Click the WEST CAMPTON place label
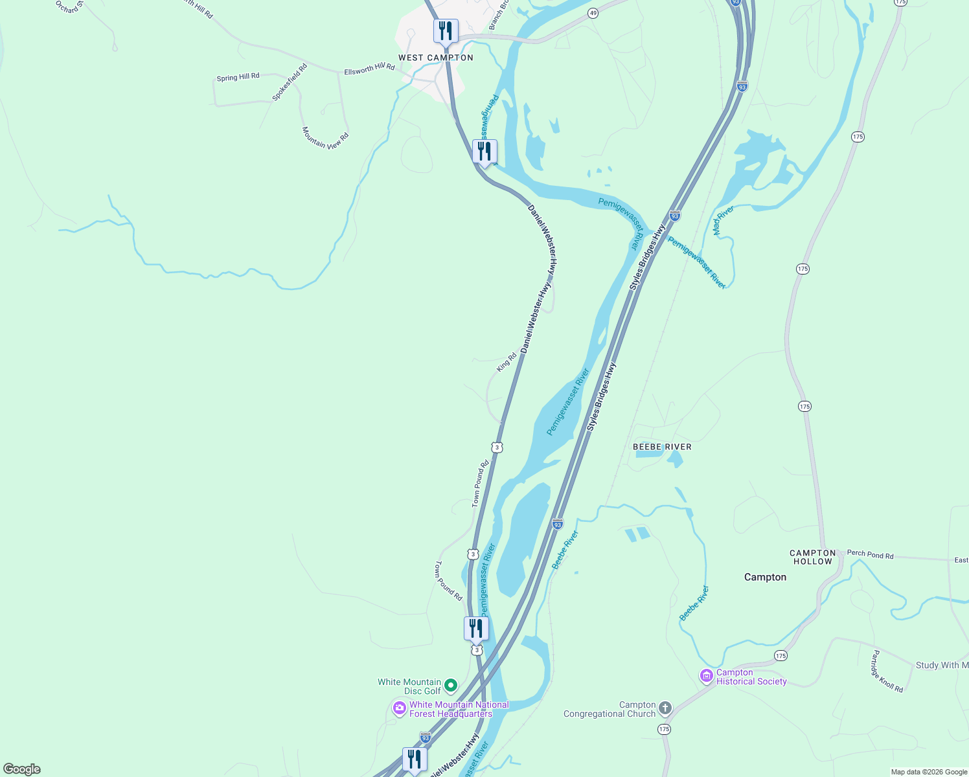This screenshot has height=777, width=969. (x=435, y=58)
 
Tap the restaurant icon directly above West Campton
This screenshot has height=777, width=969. (x=446, y=30)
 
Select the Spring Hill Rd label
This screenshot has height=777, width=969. (x=238, y=77)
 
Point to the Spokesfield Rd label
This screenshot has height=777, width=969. (x=290, y=82)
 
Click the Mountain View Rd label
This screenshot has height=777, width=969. (x=325, y=138)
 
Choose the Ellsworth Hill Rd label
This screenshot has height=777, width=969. (x=369, y=69)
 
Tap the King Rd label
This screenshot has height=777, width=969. (x=507, y=362)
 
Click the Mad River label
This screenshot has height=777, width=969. (x=723, y=220)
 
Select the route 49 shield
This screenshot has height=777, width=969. (x=593, y=13)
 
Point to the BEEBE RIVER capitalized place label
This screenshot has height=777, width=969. (x=662, y=447)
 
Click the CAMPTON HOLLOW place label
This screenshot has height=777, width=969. (x=813, y=557)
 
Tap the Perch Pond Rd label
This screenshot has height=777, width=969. (x=870, y=554)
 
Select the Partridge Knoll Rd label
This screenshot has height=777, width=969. (x=886, y=672)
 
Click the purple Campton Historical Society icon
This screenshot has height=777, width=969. (x=707, y=677)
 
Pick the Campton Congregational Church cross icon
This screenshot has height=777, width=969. (x=665, y=708)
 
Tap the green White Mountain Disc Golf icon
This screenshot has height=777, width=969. (x=451, y=685)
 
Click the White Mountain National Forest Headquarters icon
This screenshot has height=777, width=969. (x=400, y=708)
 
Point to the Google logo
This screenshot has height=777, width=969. (x=22, y=769)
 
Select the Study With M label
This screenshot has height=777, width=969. (x=942, y=665)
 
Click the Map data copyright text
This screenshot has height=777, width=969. (x=929, y=772)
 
